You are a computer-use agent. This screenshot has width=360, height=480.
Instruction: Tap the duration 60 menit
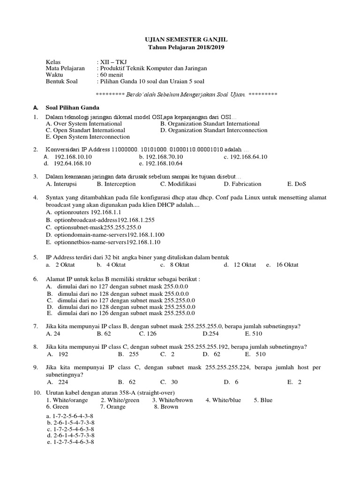pyautogui.click(x=111, y=75)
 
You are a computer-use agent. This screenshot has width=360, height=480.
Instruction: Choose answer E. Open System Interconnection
pyautogui.click(x=88, y=137)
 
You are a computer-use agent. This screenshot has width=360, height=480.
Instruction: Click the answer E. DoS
pyautogui.click(x=297, y=184)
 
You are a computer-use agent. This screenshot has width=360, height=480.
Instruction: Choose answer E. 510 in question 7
pyautogui.click(x=254, y=334)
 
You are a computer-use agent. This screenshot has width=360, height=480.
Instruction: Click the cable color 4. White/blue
pyautogui.click(x=223, y=400)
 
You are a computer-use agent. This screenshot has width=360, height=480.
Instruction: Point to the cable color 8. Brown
pyautogui.click(x=166, y=407)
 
